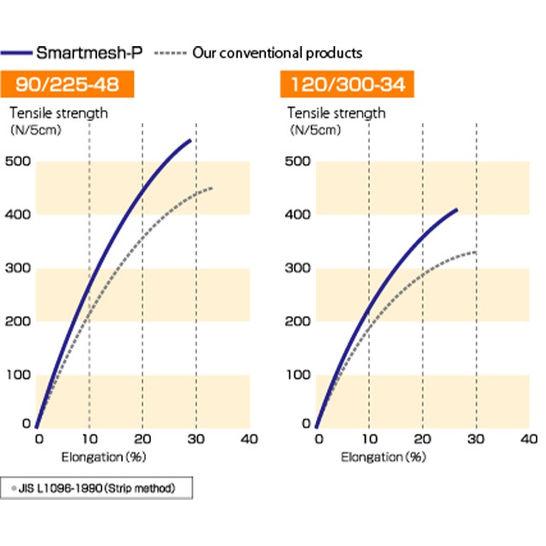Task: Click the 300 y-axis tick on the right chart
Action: pos(298,268)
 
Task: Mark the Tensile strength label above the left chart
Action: pos(59,113)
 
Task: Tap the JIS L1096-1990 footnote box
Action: pos(97,489)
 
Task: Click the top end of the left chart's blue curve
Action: pos(189,139)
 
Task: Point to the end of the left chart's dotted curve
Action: pos(211,188)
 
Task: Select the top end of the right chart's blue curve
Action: pos(457,209)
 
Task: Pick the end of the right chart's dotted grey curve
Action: pos(475,253)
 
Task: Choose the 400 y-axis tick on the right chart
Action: pos(298,215)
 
